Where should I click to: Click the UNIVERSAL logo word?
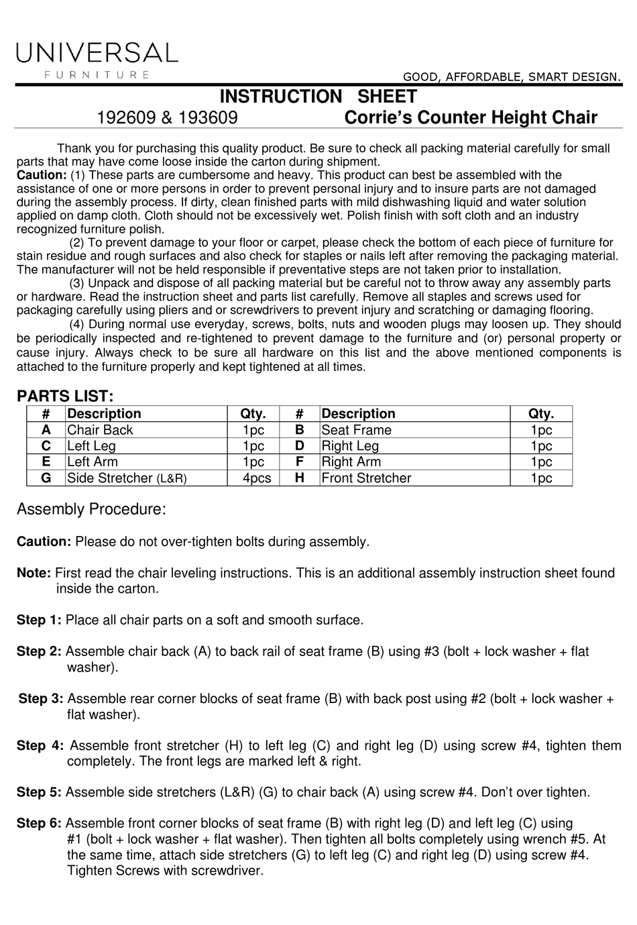[98, 52]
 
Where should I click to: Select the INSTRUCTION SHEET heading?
[318, 97]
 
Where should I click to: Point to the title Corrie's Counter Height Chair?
[470, 118]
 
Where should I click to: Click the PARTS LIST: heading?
[65, 396]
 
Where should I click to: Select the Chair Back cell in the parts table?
[100, 430]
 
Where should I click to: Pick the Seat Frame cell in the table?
[356, 430]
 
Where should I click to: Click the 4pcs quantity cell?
[257, 478]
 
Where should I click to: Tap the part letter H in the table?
[299, 478]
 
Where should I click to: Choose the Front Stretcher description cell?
[366, 478]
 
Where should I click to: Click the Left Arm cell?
[93, 462]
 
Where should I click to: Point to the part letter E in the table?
[46, 461]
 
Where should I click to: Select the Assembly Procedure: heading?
[91, 509]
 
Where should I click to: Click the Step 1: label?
[39, 620]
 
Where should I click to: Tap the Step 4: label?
[40, 745]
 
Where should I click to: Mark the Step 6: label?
[39, 823]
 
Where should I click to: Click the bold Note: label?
[34, 573]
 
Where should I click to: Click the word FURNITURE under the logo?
[97, 74]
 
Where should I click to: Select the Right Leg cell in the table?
[350, 446]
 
